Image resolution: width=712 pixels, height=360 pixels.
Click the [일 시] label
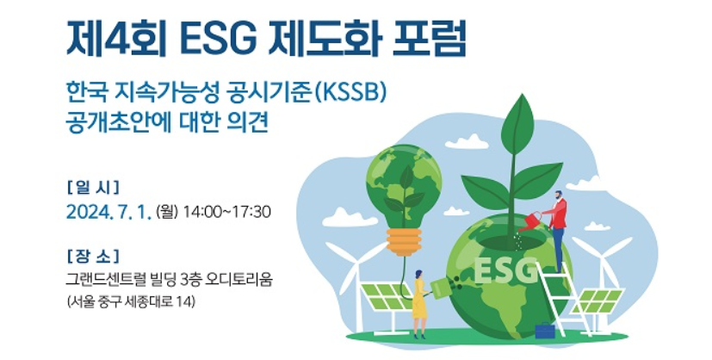tap(93, 186)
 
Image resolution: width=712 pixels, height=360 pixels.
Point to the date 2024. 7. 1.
tap(108, 212)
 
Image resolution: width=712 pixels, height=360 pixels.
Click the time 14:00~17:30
tap(227, 212)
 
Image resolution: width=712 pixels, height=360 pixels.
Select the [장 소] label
tap(93, 256)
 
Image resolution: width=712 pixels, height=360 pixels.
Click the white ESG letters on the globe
tap(505, 270)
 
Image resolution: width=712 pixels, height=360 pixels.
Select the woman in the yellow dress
tap(419, 304)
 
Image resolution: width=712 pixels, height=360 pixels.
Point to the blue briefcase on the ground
tap(545, 331)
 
